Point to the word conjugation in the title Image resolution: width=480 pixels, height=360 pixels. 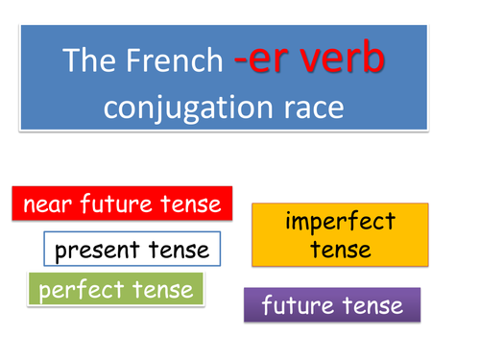click(197, 106)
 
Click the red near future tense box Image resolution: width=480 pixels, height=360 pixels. click(122, 204)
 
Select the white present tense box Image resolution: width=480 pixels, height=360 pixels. click(132, 251)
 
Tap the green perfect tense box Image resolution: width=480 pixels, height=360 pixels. click(116, 289)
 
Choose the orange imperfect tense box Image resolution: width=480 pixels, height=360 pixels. click(340, 234)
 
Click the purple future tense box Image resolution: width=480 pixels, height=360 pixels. click(331, 306)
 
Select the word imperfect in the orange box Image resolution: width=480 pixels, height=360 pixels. click(340, 222)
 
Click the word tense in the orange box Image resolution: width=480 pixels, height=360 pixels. click(340, 250)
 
